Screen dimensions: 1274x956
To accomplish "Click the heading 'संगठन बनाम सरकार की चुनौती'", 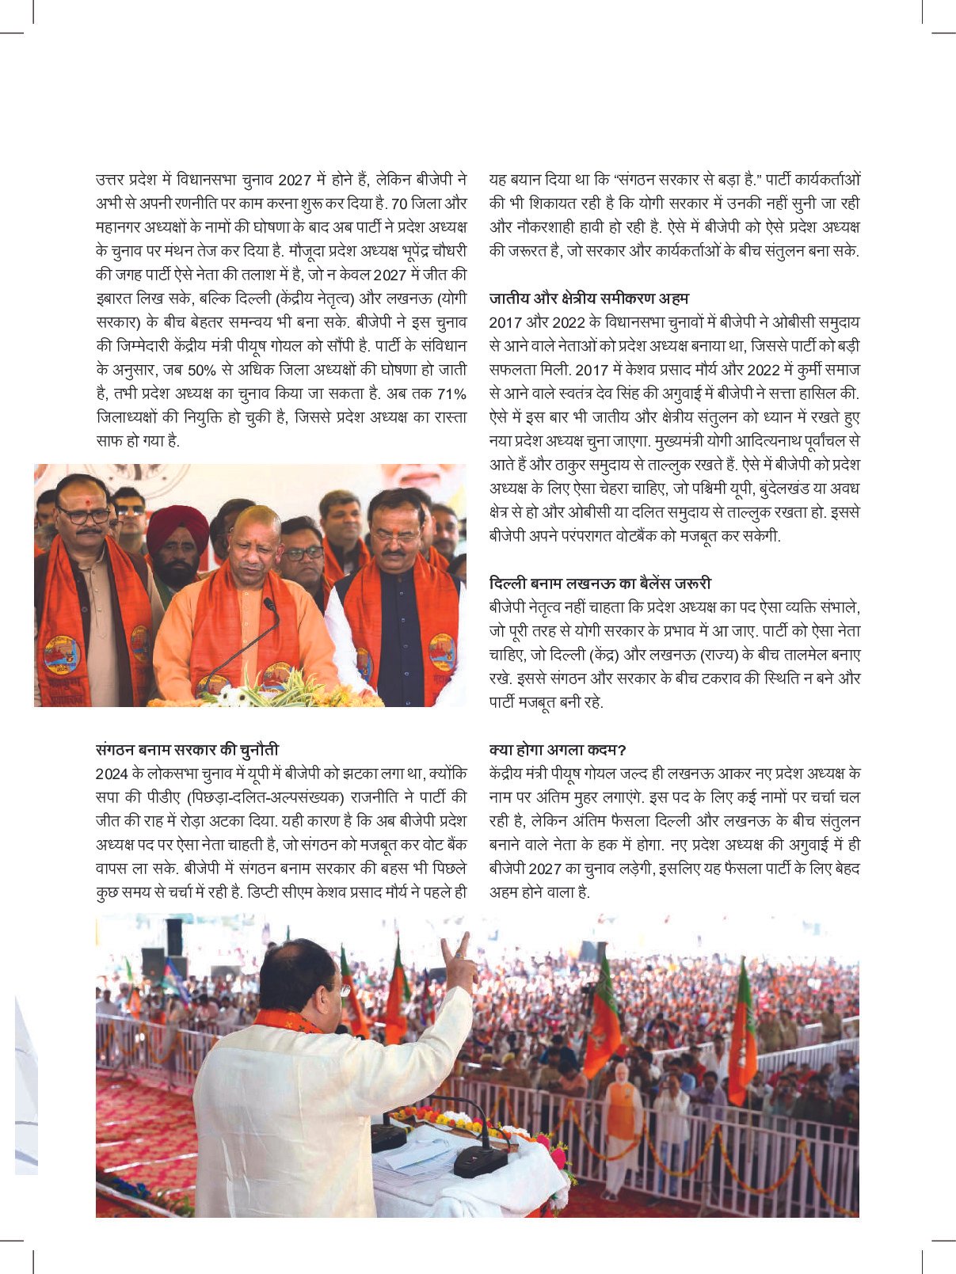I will tap(187, 749).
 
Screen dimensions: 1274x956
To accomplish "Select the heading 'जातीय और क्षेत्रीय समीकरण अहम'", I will tap(588, 299).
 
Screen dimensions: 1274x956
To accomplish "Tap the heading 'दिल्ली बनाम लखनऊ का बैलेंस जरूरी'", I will tap(600, 584).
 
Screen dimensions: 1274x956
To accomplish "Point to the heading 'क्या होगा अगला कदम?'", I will tap(558, 749).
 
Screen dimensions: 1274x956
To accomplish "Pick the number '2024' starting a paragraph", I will tap(112, 774).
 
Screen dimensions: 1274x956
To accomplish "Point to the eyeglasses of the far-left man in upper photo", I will tap(82, 515).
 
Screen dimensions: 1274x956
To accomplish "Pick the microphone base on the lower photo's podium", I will tap(480, 1162).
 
